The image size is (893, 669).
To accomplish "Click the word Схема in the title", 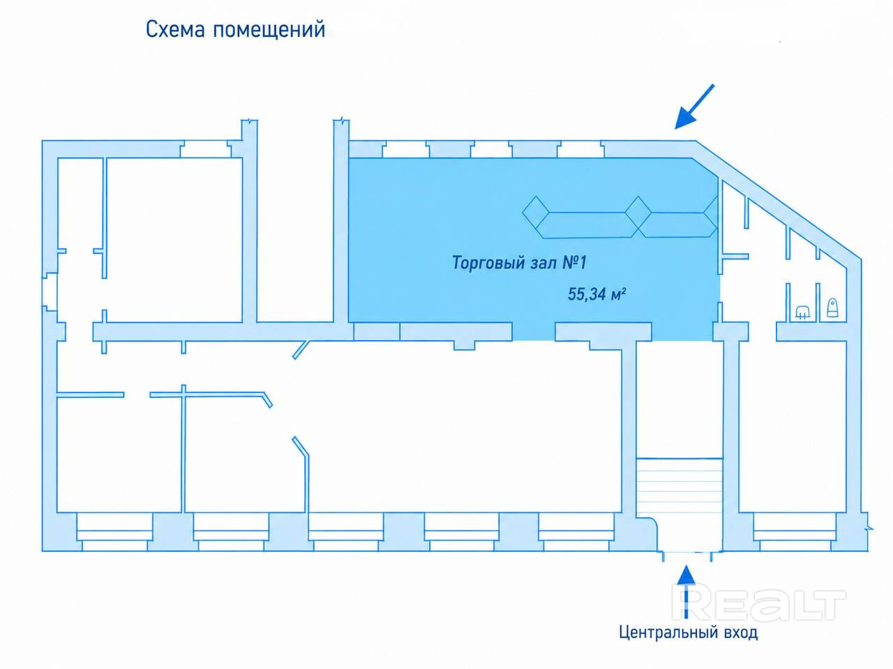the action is (x=175, y=30).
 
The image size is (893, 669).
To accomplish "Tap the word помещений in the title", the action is (x=269, y=31).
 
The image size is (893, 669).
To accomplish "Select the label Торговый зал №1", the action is (x=519, y=263).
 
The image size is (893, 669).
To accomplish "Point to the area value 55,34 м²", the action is (x=596, y=294).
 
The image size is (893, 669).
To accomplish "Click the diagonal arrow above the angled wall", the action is (x=694, y=107).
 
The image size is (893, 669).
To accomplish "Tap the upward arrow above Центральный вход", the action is (x=686, y=597).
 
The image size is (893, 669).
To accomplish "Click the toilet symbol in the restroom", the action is (x=833, y=307).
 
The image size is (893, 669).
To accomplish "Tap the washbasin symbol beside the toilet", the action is (x=802, y=312).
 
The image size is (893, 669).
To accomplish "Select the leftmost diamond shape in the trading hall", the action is (x=536, y=212).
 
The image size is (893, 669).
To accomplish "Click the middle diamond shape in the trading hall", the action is (x=638, y=212).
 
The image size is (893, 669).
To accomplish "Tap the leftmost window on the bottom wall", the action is (x=114, y=532).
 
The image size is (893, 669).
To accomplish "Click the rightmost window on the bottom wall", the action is (x=795, y=532).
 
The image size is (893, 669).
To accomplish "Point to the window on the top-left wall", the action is (x=206, y=148).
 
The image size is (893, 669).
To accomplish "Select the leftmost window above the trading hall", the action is (x=405, y=149).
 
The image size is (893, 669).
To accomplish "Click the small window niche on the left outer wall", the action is (x=50, y=292).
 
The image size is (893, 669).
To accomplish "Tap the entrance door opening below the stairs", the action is (x=687, y=553).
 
